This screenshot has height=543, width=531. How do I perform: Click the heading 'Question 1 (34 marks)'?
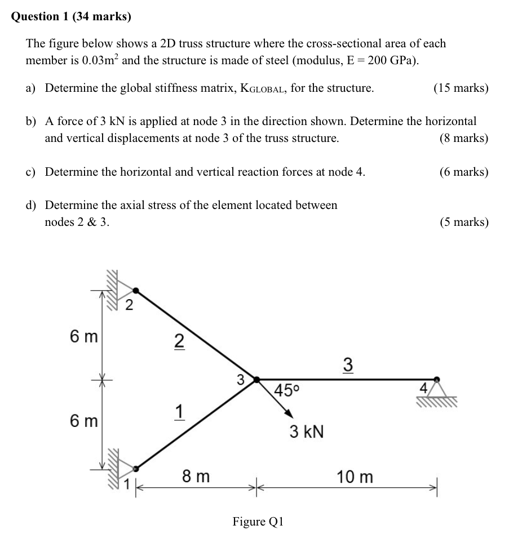(x=71, y=17)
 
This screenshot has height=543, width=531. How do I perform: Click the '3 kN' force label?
(x=307, y=432)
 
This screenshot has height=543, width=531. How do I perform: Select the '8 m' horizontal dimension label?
(x=196, y=477)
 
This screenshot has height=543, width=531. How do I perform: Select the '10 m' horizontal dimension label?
(x=355, y=477)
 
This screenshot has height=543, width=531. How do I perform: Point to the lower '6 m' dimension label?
(x=84, y=420)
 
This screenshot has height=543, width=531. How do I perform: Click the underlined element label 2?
(x=178, y=341)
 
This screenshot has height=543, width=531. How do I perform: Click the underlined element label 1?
(x=178, y=413)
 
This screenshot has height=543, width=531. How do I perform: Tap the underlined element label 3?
(x=348, y=365)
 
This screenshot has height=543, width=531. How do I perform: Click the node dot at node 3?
(x=256, y=380)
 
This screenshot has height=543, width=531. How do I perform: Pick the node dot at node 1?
(x=135, y=468)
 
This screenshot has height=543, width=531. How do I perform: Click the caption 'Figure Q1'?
(x=258, y=522)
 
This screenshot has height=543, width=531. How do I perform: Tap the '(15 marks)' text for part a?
(x=461, y=88)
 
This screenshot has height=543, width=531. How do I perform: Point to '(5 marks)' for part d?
(x=464, y=222)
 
